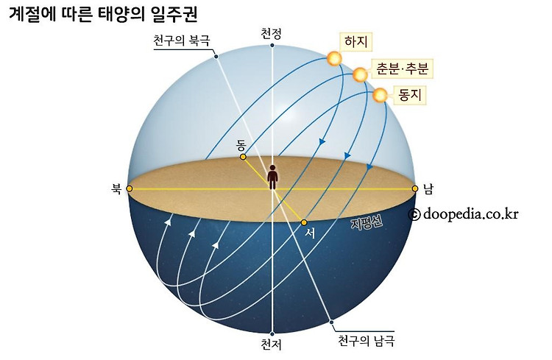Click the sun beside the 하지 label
click(335, 59)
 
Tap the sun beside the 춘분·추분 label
click(360, 75)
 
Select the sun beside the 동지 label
click(380, 95)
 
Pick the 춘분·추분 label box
click(401, 68)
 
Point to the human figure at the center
click(272, 177)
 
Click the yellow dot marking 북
click(130, 189)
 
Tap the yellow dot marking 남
click(415, 189)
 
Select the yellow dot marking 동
click(243, 157)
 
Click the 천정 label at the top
click(272, 32)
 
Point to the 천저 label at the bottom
click(272, 344)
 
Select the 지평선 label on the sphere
click(366, 224)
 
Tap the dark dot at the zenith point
click(272, 45)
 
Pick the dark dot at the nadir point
click(272, 333)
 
